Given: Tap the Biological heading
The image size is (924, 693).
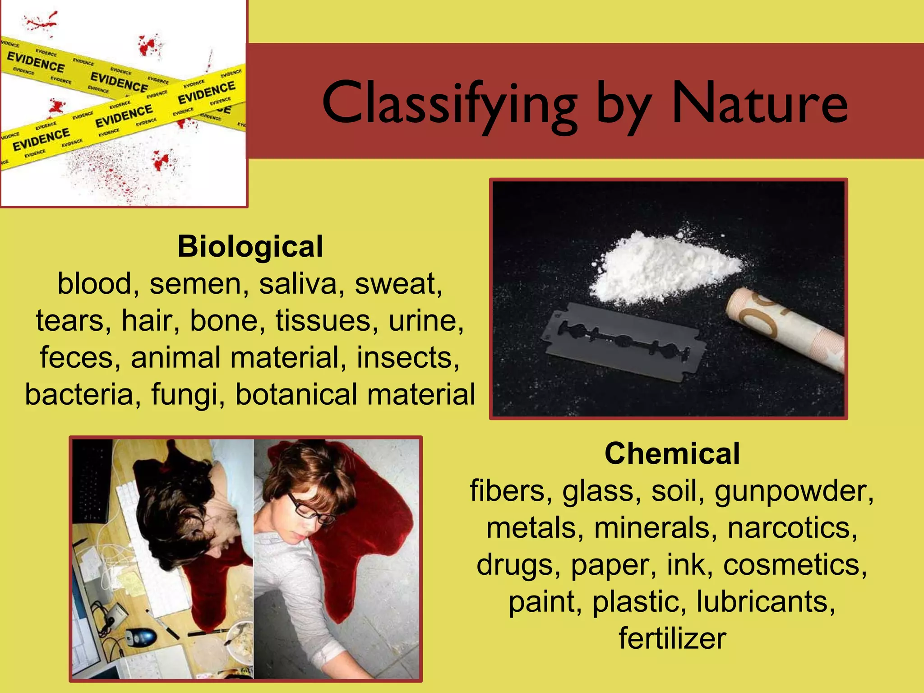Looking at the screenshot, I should coord(250,246).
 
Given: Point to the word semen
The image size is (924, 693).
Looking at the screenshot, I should coord(199,284).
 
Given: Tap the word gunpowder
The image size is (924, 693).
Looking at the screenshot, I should coord(794,492).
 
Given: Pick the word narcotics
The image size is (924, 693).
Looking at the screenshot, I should coord(792,528).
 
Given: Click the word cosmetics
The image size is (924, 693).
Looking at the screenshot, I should coord(795,565).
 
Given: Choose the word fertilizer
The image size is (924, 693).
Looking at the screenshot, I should coord(672,638).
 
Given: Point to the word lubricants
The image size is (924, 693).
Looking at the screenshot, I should coord(766,602).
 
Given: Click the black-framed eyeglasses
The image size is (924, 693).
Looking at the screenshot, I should coord(311,508).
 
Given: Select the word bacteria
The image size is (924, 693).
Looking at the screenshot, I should coord(79,394).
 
